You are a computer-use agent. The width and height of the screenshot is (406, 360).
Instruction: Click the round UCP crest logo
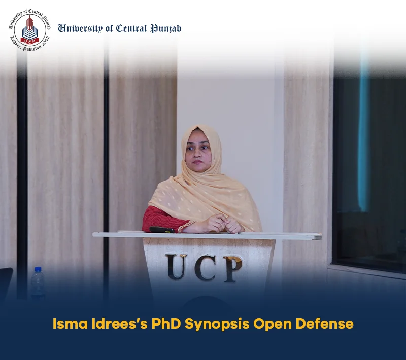pyautogui.click(x=29, y=30)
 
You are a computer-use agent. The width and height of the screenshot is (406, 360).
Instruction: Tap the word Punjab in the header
pyautogui.click(x=166, y=29)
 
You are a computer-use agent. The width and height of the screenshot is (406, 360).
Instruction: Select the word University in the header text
pyautogui.click(x=80, y=29)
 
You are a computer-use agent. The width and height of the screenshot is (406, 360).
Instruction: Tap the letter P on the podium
pyautogui.click(x=233, y=269)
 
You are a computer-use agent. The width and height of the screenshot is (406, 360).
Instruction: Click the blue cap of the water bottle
pyautogui.click(x=38, y=269)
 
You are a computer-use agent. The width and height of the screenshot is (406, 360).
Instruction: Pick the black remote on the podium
pyautogui.click(x=162, y=230)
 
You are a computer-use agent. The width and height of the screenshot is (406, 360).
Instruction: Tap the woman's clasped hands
pyautogui.click(x=221, y=224)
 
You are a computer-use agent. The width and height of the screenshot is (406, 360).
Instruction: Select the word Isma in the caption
pyautogui.click(x=70, y=323)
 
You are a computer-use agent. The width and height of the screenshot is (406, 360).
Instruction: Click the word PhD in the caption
pyautogui.click(x=166, y=323)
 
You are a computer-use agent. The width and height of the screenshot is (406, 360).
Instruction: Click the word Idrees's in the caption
pyautogui.click(x=120, y=323)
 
